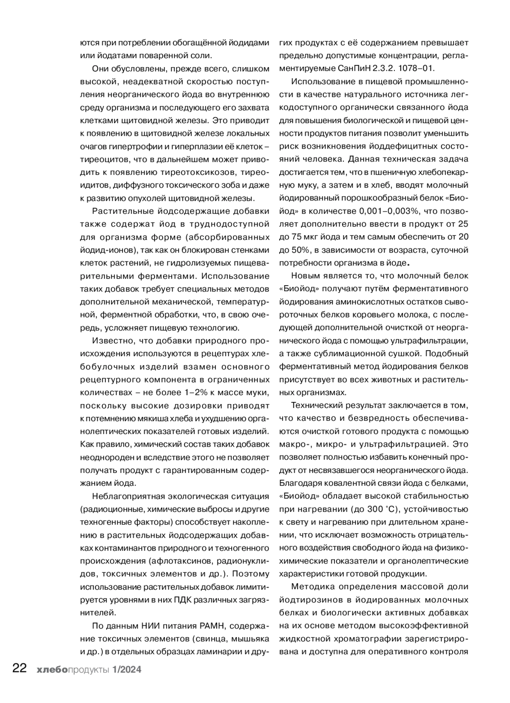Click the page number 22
pos(20,669)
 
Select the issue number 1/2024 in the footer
pos(127,669)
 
